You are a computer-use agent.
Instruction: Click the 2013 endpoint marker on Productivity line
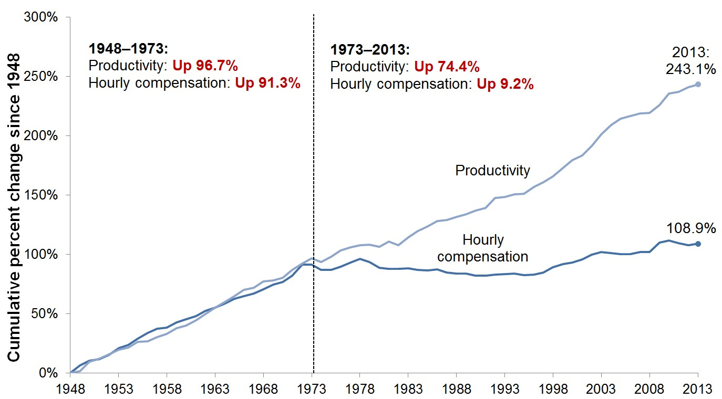(698, 85)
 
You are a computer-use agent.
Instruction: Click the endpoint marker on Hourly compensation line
(698, 244)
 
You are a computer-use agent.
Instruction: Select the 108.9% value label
(691, 228)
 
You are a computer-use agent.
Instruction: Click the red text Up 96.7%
(205, 66)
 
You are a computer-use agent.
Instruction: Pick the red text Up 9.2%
(505, 84)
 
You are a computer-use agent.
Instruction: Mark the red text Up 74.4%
(447, 67)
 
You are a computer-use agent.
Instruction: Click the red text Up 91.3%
(267, 83)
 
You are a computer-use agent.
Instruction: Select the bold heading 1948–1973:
(129, 49)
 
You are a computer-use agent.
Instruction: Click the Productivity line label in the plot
(492, 170)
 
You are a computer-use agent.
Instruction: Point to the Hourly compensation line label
(482, 248)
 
